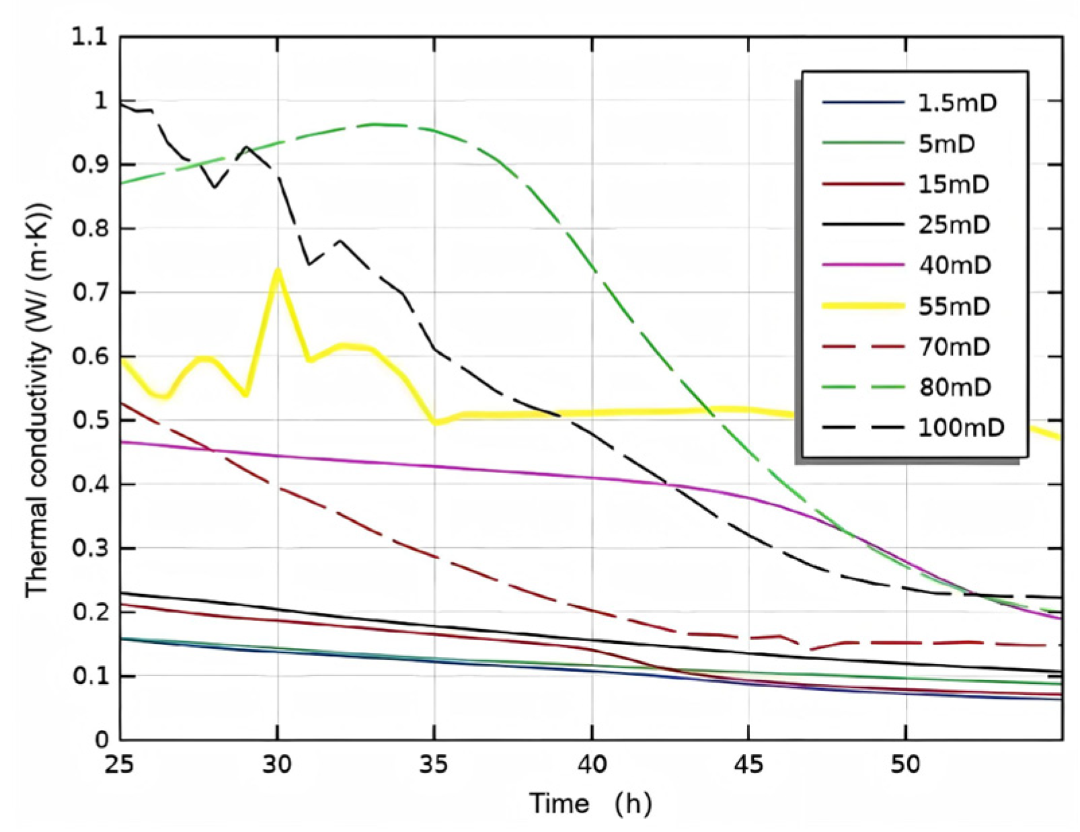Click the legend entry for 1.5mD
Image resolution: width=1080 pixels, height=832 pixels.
pos(957,103)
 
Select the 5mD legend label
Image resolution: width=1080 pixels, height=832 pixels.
pos(947,144)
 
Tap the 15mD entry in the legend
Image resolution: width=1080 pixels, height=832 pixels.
pos(954,184)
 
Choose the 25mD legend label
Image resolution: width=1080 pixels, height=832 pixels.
pos(954,224)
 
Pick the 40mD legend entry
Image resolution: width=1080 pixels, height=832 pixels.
pos(954,265)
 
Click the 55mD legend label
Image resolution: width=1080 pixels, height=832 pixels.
pos(954,306)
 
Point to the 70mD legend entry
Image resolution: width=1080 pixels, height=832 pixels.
pos(954,347)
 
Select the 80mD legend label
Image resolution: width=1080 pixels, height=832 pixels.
pos(954,387)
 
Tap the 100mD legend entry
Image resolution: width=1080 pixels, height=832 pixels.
pos(961,427)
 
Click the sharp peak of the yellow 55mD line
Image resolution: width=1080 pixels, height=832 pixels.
pos(277,270)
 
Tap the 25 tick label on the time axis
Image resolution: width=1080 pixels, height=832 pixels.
pos(120,765)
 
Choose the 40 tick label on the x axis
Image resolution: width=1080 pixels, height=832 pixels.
pos(592,765)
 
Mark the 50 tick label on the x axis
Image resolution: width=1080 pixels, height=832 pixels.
pos(906,765)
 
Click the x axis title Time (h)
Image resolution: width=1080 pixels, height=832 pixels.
pos(590,803)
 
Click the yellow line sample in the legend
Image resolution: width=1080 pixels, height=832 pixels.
pos(863,306)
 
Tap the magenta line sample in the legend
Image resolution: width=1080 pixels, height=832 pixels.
pos(863,265)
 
